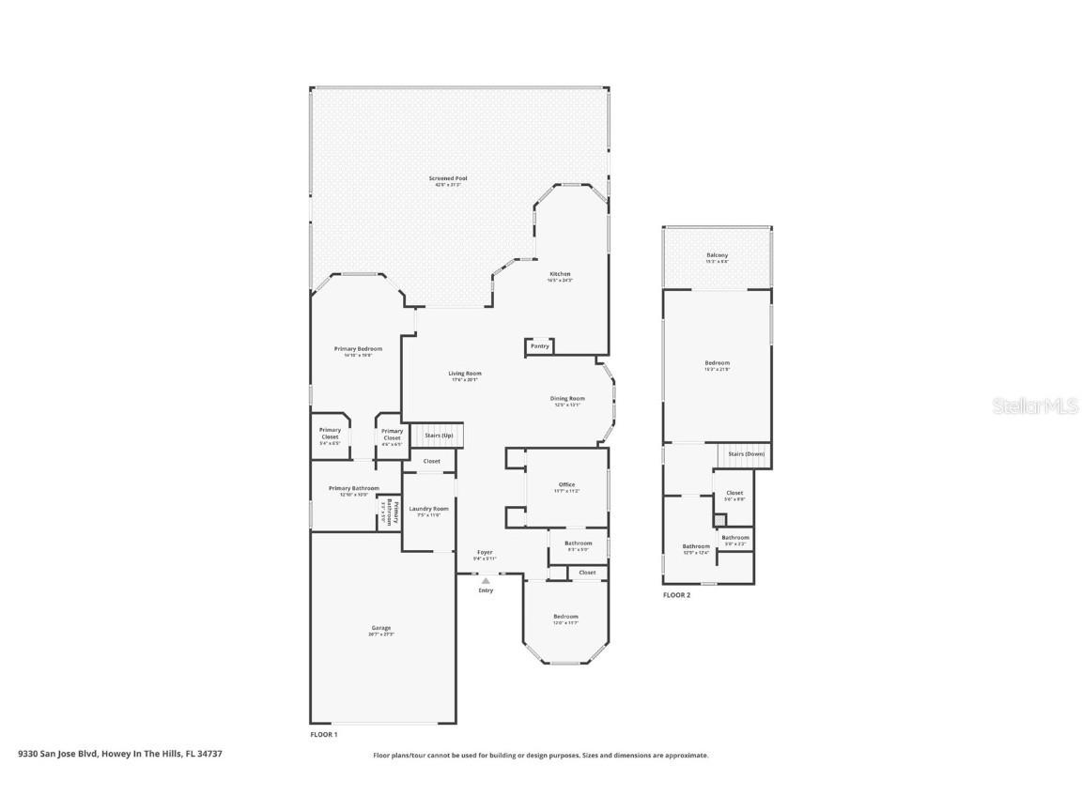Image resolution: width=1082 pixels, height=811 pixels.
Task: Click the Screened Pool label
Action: coord(448,178)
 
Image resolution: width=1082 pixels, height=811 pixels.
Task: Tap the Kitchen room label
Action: coord(560,275)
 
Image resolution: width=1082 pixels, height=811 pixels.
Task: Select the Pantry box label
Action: coord(539,346)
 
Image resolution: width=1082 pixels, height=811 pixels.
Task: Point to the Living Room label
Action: coord(465,374)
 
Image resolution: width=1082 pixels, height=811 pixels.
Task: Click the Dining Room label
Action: coord(567,399)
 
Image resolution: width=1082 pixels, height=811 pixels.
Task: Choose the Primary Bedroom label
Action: coord(358,349)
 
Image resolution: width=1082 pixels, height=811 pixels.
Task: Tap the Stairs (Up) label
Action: coord(439,436)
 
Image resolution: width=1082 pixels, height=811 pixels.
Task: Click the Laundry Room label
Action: coord(428,509)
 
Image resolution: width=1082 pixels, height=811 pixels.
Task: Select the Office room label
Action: coord(566,485)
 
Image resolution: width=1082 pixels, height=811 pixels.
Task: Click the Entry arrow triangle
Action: coord(486,581)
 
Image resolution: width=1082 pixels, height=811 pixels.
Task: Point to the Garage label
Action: coord(380,628)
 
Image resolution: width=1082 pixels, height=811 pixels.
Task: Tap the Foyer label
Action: coord(485,553)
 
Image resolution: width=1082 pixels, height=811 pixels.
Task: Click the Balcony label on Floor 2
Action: coord(717,255)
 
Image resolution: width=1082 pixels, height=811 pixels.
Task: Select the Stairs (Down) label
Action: coord(747,454)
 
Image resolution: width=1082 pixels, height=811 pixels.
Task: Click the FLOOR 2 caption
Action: coord(676,595)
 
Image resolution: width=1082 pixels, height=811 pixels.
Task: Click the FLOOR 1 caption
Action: coord(323,734)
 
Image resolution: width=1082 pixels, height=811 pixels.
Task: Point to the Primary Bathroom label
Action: coord(353,488)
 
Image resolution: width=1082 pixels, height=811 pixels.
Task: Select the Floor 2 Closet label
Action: coord(734,493)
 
